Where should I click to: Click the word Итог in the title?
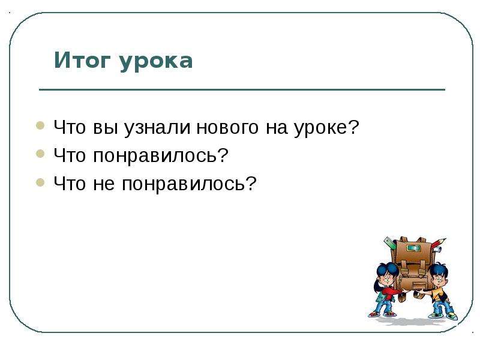[x=82, y=61]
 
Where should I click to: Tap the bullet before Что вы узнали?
[x=40, y=125]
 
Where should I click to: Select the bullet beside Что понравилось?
[x=40, y=154]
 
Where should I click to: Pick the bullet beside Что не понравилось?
[x=40, y=182]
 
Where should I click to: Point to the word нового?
[x=227, y=128]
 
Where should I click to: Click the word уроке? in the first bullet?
[x=326, y=128]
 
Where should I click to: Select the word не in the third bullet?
[x=104, y=184]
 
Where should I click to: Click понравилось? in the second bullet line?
[x=161, y=156]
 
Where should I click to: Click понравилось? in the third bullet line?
[x=189, y=184]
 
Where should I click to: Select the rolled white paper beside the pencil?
[x=437, y=250]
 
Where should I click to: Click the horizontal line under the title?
[x=242, y=89]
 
